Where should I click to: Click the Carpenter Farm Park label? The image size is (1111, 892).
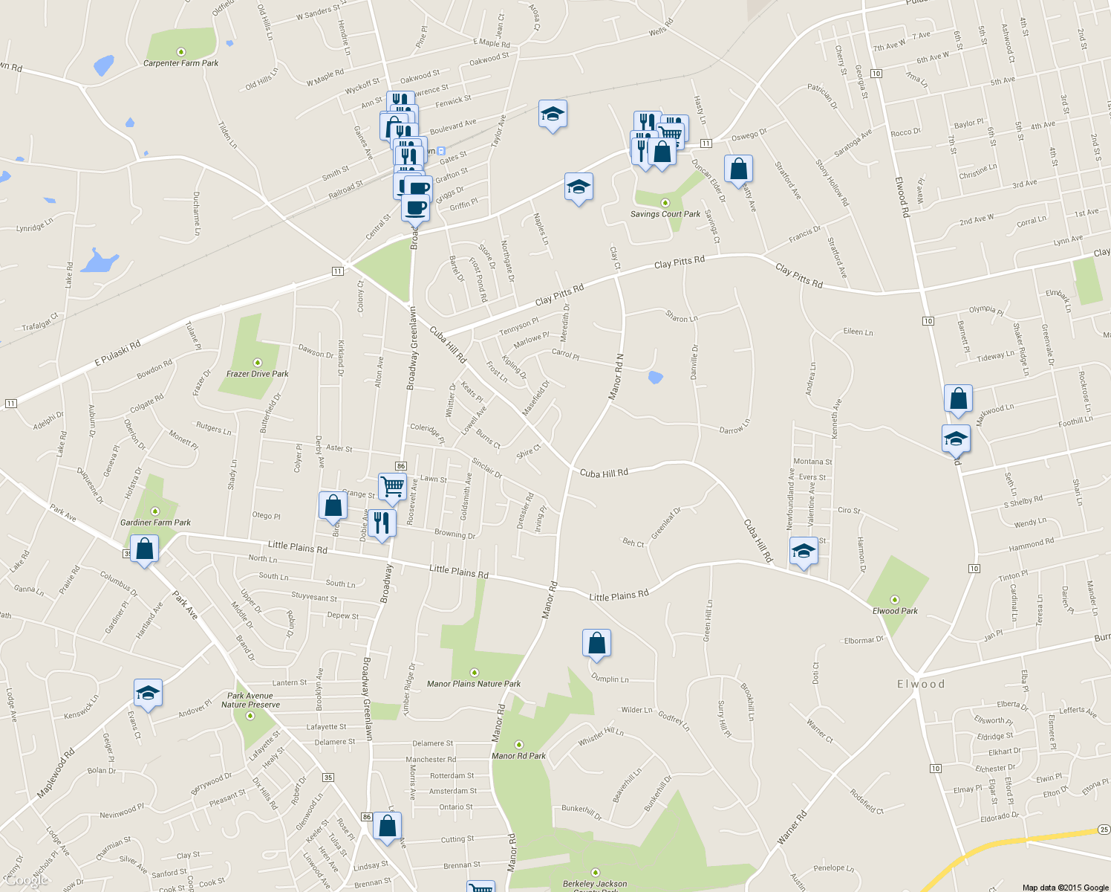(x=180, y=63)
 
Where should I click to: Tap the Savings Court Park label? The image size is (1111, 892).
(x=665, y=214)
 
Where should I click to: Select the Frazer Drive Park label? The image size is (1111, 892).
(x=257, y=374)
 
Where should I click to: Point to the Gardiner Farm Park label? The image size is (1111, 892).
(x=155, y=523)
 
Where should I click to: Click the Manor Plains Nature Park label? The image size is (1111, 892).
(x=474, y=684)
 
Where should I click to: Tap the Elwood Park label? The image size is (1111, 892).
(x=895, y=611)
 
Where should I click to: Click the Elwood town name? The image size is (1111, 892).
(x=921, y=684)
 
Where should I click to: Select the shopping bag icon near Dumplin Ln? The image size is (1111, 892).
(x=596, y=644)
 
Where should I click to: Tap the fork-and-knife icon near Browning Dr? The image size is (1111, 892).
(x=381, y=523)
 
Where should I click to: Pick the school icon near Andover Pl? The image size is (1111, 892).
(x=148, y=694)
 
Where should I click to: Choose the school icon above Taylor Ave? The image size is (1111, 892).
(x=552, y=114)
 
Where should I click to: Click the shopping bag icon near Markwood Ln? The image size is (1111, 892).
(x=958, y=399)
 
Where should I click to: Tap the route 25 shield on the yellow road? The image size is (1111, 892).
(x=1104, y=830)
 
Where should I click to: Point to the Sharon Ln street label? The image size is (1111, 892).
(x=682, y=317)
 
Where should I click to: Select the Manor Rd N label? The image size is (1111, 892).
(x=616, y=377)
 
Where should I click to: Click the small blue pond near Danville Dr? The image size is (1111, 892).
(x=655, y=378)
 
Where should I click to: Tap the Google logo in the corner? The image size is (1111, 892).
(x=27, y=881)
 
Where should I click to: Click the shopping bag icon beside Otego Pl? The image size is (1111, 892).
(x=333, y=505)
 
